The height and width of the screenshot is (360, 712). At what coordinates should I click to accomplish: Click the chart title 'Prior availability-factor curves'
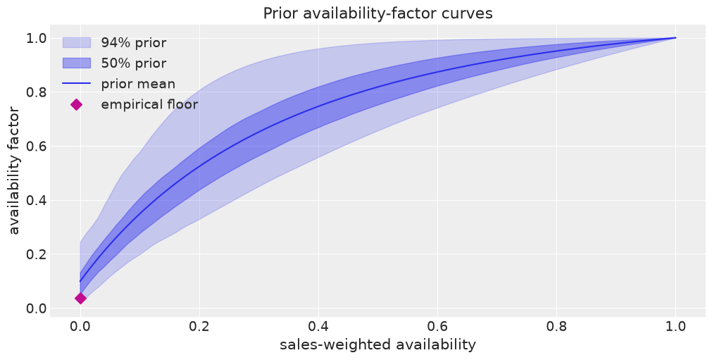click(x=377, y=13)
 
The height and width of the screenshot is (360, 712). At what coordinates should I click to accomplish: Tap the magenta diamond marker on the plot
click(x=80, y=298)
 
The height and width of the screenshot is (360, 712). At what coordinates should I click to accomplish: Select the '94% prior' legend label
click(x=134, y=43)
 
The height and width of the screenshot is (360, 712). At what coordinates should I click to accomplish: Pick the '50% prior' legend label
click(x=134, y=63)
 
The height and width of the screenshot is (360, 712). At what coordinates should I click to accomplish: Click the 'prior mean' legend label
click(x=138, y=84)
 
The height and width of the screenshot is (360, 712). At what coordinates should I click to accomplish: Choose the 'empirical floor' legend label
click(x=149, y=104)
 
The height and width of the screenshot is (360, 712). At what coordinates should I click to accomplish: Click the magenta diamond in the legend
click(x=77, y=105)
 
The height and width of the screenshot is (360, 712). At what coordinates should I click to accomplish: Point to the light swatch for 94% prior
click(x=77, y=43)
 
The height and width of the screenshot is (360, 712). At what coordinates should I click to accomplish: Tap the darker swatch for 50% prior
click(x=77, y=63)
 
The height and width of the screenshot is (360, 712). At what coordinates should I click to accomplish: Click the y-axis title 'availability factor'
click(x=14, y=170)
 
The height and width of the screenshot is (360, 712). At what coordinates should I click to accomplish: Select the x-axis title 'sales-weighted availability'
click(x=377, y=345)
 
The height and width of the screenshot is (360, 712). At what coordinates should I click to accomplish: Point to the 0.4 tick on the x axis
click(x=318, y=326)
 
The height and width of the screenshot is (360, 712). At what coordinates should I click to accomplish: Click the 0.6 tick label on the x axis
click(x=437, y=326)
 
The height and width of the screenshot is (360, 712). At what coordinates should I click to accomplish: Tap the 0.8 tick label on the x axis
click(x=556, y=326)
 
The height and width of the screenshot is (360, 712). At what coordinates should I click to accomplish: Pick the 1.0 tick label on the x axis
click(x=675, y=326)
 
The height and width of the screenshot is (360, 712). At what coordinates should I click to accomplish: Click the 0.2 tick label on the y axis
click(x=36, y=254)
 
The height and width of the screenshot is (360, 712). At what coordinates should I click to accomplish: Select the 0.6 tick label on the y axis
click(x=36, y=146)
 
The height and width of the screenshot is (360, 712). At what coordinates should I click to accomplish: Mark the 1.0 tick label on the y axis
click(x=36, y=38)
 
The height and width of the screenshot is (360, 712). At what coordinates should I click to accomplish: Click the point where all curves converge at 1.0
click(x=675, y=37)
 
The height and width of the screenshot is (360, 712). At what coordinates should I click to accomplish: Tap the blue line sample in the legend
click(x=77, y=84)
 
